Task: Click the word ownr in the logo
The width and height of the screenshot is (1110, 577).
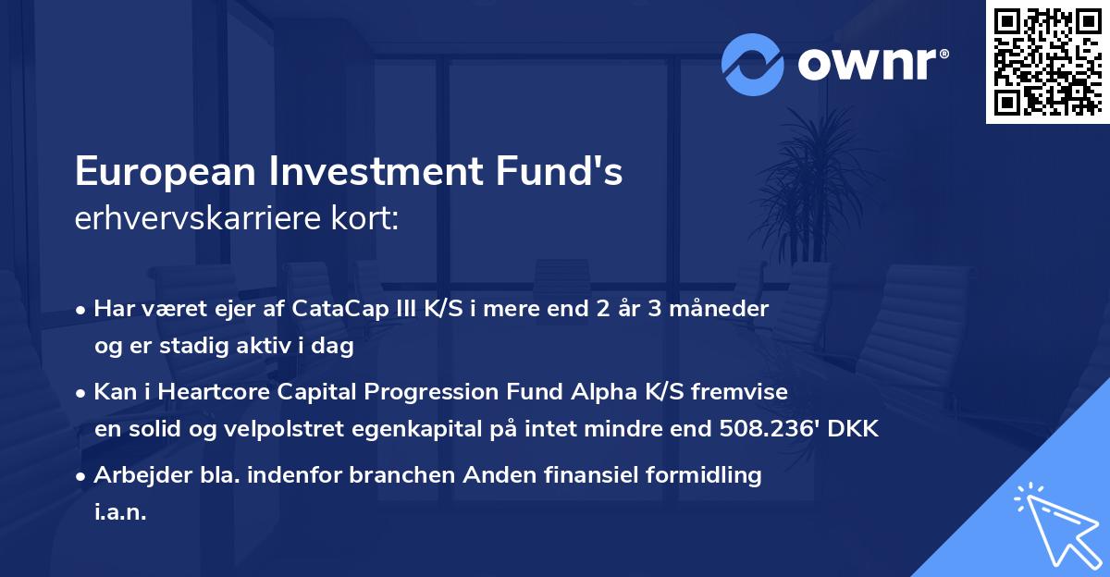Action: (869, 65)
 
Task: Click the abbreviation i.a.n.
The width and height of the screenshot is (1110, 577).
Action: (120, 512)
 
